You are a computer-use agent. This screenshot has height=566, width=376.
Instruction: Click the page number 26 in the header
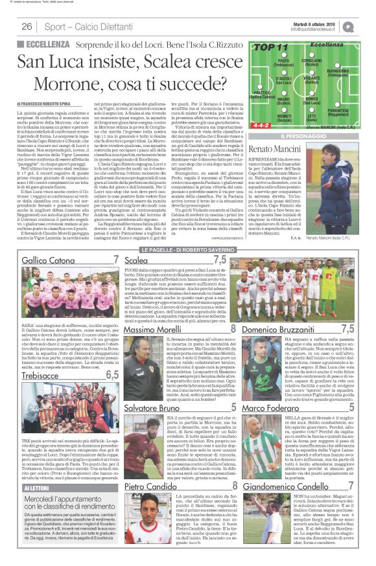pos(27,27)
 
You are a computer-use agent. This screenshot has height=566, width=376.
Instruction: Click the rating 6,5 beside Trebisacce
pos(112,374)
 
